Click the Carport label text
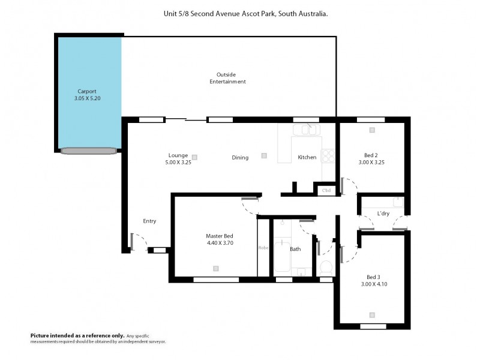click(87, 91)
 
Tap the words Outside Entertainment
click(227, 78)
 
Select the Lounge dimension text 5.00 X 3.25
click(178, 162)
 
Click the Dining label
click(240, 158)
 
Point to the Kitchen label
click(307, 158)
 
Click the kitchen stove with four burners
click(328, 155)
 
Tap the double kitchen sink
click(306, 129)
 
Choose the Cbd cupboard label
click(326, 191)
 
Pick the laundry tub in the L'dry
click(398, 202)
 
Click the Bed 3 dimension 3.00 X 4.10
click(373, 284)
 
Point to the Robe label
click(263, 247)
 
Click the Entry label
click(149, 221)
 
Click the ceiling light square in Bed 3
click(373, 314)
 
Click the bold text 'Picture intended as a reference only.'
click(77, 335)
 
